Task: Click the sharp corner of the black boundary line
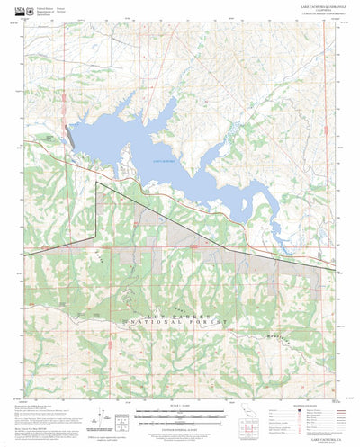coord(96,183)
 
